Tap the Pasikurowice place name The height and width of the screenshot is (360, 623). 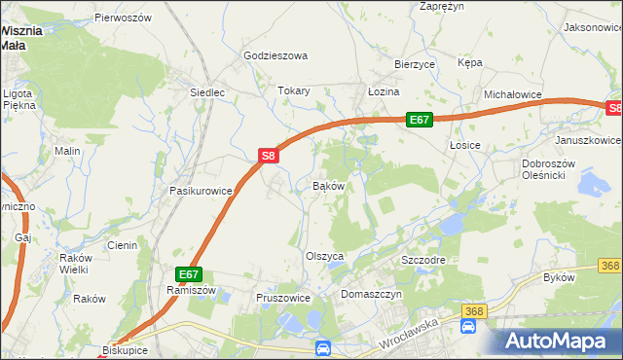point(201,191)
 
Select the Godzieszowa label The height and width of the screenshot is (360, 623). point(275,55)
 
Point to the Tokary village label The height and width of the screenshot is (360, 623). point(293,90)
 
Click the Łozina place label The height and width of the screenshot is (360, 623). point(384,90)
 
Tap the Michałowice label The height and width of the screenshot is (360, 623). point(512,94)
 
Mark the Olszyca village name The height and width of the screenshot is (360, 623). point(326,255)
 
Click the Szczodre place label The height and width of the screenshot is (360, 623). point(423,261)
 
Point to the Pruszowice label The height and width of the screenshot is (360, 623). point(282,298)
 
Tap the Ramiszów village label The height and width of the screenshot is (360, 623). point(190,290)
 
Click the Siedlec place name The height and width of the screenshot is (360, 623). point(208,92)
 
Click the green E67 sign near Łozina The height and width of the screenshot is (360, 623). point(419,119)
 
